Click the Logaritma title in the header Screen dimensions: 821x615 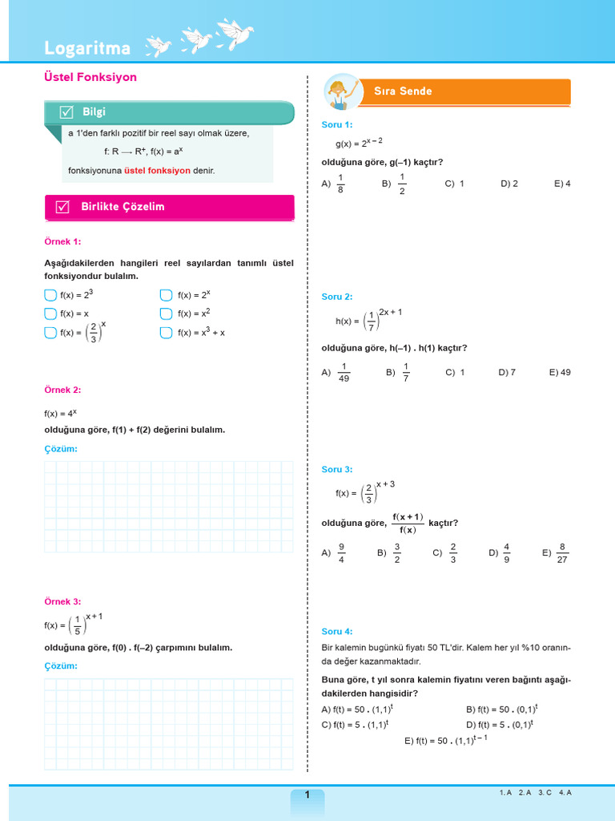(x=87, y=48)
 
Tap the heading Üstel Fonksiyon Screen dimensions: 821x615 (x=90, y=77)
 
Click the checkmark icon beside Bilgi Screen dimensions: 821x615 (x=67, y=112)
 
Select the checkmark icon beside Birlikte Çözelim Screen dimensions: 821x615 (x=62, y=207)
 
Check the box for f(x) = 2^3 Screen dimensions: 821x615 (x=50, y=295)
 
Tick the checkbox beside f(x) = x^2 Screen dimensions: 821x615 (x=166, y=313)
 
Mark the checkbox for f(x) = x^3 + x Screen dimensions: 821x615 (x=166, y=333)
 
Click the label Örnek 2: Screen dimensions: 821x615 (x=62, y=390)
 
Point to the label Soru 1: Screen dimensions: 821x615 (x=336, y=124)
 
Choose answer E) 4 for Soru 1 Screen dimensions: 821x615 (x=562, y=184)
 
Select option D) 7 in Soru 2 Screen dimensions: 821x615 (x=507, y=372)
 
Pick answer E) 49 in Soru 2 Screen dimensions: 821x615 (x=560, y=372)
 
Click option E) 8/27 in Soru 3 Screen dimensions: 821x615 (x=555, y=552)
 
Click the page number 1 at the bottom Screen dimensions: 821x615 (x=307, y=795)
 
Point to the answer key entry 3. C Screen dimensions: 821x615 (x=545, y=792)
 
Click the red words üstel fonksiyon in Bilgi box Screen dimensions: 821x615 (x=157, y=171)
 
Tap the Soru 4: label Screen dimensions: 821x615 (x=336, y=631)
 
